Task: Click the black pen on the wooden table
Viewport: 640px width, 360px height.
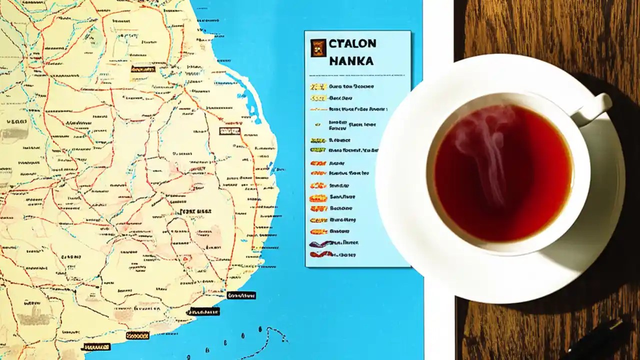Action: click(x=600, y=340)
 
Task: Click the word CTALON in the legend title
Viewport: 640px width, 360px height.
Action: click(x=352, y=43)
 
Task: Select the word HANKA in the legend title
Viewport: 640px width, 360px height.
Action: click(x=351, y=61)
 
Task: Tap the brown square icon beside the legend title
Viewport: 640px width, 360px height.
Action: click(x=318, y=48)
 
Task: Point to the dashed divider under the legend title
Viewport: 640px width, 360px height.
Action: click(x=357, y=75)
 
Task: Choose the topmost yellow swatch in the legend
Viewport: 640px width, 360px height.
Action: click(x=317, y=86)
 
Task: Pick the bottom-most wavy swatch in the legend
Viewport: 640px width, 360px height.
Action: click(x=320, y=254)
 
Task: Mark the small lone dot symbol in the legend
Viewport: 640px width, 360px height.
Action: click(x=317, y=124)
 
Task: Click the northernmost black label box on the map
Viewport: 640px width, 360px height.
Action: click(x=142, y=69)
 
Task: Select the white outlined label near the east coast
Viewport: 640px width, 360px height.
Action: click(x=229, y=131)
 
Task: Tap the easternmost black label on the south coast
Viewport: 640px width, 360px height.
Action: click(x=241, y=295)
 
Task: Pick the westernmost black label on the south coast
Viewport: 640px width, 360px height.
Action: click(x=96, y=346)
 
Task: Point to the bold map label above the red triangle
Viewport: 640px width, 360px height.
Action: click(x=195, y=211)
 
